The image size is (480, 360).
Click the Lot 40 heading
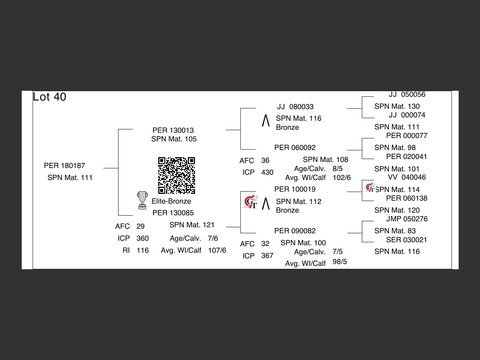pyautogui.click(x=49, y=97)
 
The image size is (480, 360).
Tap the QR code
pyautogui.click(x=176, y=175)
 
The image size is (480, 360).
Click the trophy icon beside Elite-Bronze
pyautogui.click(x=142, y=200)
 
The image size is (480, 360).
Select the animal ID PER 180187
pyautogui.click(x=64, y=166)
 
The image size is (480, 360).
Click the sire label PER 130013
pyautogui.click(x=173, y=130)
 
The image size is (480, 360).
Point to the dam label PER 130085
pyautogui.click(x=173, y=213)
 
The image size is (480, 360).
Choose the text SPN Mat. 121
pyautogui.click(x=192, y=225)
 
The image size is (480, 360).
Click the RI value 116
pyautogui.click(x=142, y=250)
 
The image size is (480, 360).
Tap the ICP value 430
pyautogui.click(x=267, y=172)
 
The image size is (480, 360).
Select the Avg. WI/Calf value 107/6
pyautogui.click(x=217, y=250)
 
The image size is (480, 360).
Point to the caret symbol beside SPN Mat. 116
pyautogui.click(x=265, y=121)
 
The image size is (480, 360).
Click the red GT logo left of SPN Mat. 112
pyautogui.click(x=250, y=202)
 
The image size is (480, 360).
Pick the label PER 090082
pyautogui.click(x=295, y=231)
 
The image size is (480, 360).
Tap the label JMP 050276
pyautogui.click(x=406, y=219)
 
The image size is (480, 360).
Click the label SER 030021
pyautogui.click(x=406, y=240)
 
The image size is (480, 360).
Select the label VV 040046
pyautogui.click(x=406, y=177)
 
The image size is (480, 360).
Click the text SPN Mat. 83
pyautogui.click(x=395, y=231)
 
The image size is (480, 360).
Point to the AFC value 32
pyautogui.click(x=265, y=244)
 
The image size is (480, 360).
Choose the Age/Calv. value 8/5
pyautogui.click(x=337, y=169)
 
